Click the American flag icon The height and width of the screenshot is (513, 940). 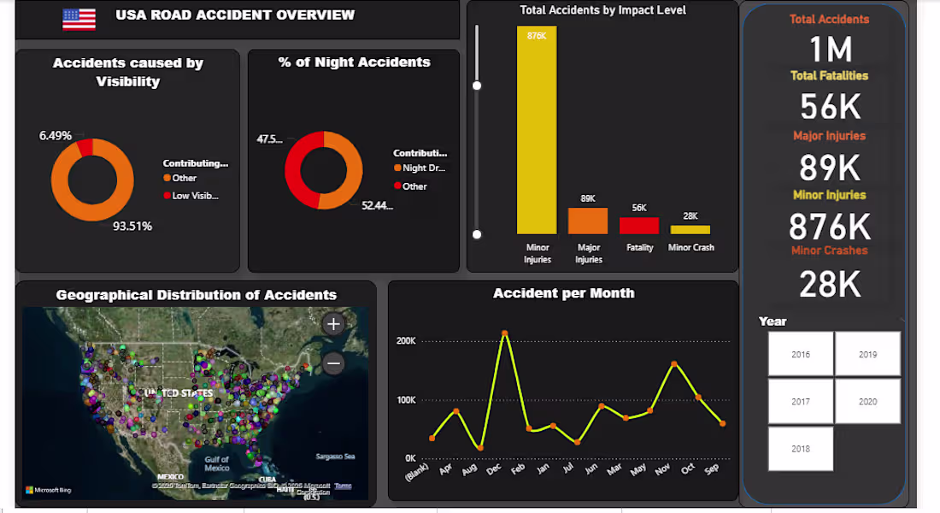(x=79, y=19)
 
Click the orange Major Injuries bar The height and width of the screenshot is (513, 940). (x=588, y=221)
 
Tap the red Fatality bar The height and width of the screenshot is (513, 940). (x=639, y=226)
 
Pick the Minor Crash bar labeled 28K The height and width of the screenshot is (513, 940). (x=690, y=230)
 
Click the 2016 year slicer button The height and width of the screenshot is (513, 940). (x=801, y=354)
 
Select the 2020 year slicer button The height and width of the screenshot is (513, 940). (x=867, y=401)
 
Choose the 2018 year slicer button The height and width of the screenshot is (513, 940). (x=801, y=449)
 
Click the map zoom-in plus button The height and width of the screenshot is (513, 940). (x=333, y=324)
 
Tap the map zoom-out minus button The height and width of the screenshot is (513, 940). (x=333, y=363)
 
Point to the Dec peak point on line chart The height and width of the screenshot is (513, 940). (x=505, y=333)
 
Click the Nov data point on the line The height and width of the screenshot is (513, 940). (x=674, y=364)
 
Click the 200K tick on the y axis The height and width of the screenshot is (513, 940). (x=405, y=341)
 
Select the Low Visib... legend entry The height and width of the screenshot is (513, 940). (x=195, y=196)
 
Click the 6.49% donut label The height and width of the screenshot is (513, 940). (x=56, y=136)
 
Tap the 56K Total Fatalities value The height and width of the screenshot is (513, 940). (x=828, y=107)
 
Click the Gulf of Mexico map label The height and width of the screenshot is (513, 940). (x=217, y=463)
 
